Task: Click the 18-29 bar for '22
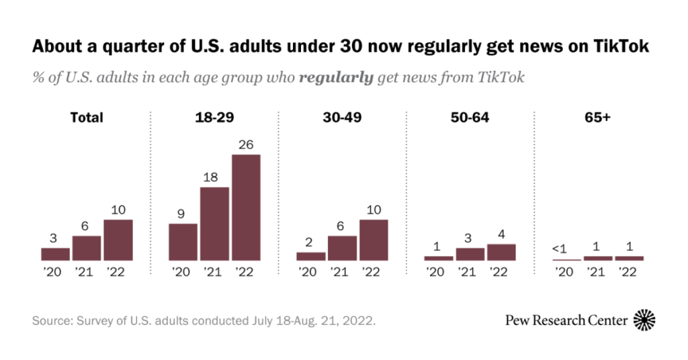click(246, 208)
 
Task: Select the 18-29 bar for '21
click(214, 224)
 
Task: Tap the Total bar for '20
click(55, 254)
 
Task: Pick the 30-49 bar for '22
click(374, 240)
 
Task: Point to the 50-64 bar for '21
click(470, 254)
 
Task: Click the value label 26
click(246, 144)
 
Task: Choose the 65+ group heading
click(598, 118)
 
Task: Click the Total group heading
click(87, 118)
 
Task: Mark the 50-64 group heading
click(470, 118)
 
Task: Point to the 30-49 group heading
click(342, 118)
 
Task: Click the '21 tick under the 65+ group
click(597, 272)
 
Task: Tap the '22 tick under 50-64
click(501, 272)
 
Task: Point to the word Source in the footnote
click(52, 320)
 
